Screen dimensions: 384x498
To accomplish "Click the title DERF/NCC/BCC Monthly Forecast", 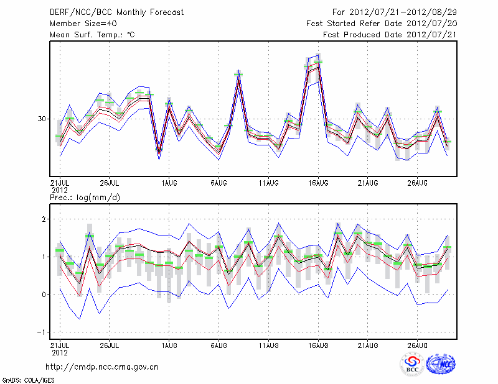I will (117, 12).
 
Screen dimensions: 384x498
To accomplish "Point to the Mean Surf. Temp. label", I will (92, 35).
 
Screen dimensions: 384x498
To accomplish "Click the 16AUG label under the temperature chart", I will (318, 183).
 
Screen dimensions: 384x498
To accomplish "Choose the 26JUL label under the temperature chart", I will (110, 183).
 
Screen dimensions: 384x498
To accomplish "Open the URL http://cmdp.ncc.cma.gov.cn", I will (102, 367).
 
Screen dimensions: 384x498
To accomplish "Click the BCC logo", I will (411, 364).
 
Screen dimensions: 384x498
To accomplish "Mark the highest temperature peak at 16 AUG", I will (318, 62).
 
